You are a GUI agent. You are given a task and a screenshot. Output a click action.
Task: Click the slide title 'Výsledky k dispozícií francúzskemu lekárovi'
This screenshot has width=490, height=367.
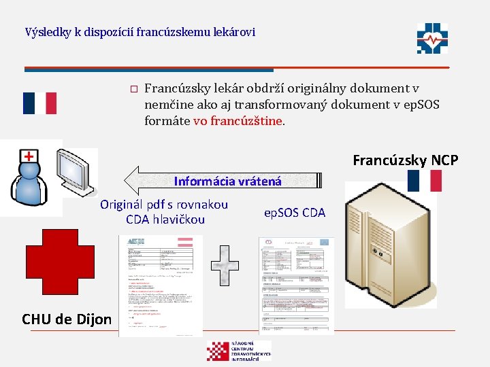(140, 32)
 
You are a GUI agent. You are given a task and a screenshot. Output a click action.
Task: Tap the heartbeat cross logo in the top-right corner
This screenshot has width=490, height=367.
(434, 38)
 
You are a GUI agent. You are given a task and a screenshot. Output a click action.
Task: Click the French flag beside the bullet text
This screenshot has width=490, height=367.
(39, 103)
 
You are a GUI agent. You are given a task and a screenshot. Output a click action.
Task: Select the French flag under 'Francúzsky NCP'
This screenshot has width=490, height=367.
(424, 181)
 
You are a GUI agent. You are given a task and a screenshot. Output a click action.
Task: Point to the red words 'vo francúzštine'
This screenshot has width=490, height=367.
(238, 122)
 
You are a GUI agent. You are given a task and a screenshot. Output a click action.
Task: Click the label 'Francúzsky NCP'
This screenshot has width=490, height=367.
(406, 160)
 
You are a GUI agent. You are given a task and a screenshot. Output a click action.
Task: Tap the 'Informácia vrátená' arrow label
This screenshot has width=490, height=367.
(227, 181)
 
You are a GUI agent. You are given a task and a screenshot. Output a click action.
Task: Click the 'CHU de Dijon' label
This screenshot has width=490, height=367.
(67, 319)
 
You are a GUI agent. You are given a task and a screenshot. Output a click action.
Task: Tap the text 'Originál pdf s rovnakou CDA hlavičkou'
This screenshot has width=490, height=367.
(165, 212)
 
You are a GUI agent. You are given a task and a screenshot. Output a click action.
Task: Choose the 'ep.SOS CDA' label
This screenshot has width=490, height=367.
(295, 213)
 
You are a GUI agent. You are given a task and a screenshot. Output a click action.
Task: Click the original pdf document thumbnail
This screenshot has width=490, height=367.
(161, 285)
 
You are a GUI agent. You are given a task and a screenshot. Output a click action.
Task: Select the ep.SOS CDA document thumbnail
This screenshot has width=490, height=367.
(296, 285)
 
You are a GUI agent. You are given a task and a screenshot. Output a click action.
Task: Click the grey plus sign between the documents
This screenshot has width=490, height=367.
(225, 264)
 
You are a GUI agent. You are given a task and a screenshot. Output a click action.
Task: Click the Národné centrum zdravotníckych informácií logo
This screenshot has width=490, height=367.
(238, 351)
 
